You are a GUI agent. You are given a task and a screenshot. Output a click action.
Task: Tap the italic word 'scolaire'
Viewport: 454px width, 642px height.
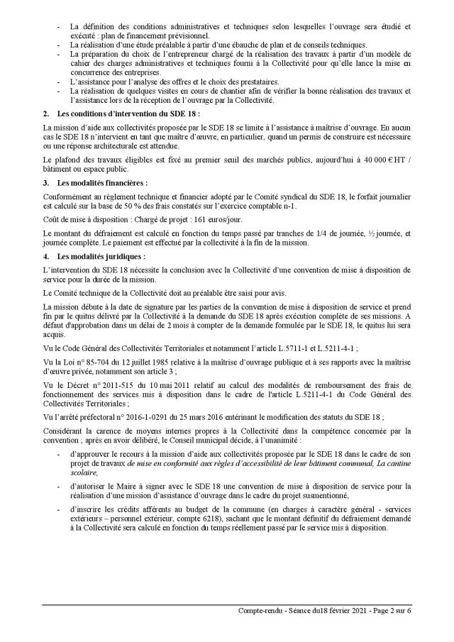(x=81, y=471)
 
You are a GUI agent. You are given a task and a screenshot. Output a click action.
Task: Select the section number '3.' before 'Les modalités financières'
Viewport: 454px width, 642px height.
(x=45, y=182)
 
